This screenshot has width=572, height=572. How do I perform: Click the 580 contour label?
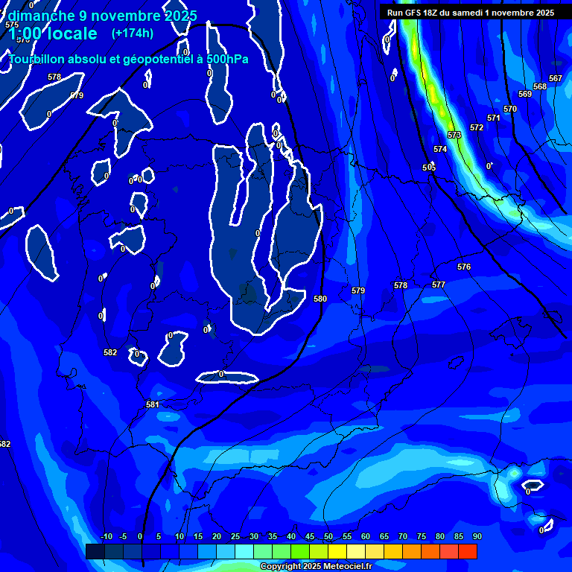coord(320,299)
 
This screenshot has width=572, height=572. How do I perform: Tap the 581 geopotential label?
coord(153,404)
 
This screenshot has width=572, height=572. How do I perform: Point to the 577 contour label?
coord(439,285)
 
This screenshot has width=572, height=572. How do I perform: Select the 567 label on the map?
coord(556,78)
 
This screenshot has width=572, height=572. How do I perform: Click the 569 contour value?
coord(525,94)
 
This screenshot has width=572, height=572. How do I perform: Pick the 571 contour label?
coord(494,118)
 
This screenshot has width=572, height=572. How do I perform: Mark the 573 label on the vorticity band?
coord(454,135)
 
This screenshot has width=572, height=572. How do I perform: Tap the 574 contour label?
coord(440,149)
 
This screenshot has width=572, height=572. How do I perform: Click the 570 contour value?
coord(510,109)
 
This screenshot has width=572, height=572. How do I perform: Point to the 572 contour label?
coord(477,127)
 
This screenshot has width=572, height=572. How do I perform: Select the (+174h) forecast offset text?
coord(132,33)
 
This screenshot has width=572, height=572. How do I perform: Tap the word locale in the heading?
coord(71,34)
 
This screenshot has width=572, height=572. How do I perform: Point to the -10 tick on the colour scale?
coord(106,537)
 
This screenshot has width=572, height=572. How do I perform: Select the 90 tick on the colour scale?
coord(477,537)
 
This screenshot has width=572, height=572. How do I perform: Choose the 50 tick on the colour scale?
coord(328,537)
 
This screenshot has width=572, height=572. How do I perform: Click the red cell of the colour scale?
coord(468,551)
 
